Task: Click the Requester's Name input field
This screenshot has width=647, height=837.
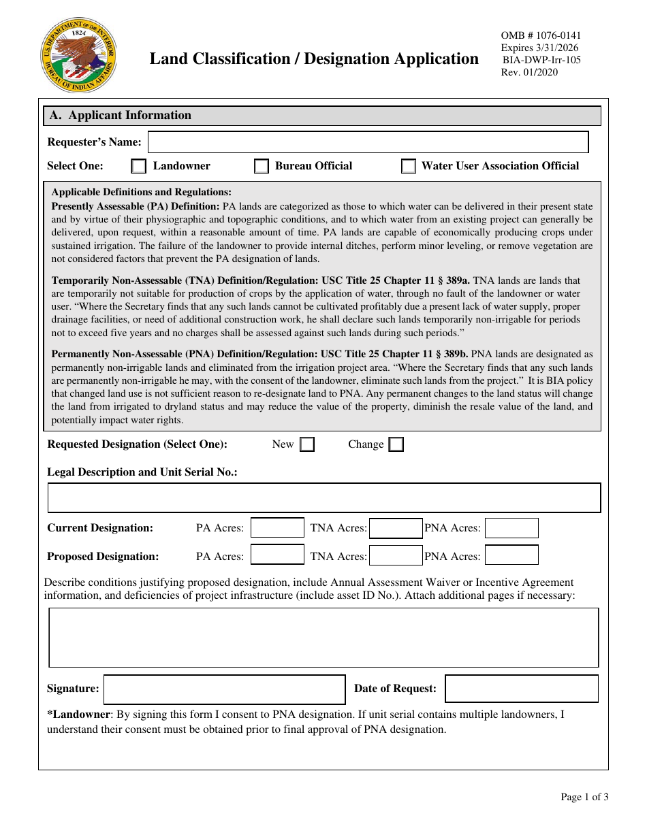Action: pyautogui.click(x=368, y=142)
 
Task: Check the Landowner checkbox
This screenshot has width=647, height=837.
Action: pyautogui.click(x=139, y=166)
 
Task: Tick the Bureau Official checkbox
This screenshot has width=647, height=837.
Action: pyautogui.click(x=261, y=166)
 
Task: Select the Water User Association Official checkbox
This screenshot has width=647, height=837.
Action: pyautogui.click(x=409, y=166)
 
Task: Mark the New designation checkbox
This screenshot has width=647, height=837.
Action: pyautogui.click(x=307, y=444)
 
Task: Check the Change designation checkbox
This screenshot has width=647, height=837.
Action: pyautogui.click(x=396, y=444)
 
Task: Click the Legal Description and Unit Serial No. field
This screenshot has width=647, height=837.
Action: pyautogui.click(x=323, y=497)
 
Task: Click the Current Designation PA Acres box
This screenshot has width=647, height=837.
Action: pyautogui.click(x=277, y=528)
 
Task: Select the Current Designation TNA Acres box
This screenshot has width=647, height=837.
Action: pyautogui.click(x=396, y=528)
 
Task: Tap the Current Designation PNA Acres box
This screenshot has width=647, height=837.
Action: pyautogui.click(x=511, y=528)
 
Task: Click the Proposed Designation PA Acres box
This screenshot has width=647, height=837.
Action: pyautogui.click(x=277, y=555)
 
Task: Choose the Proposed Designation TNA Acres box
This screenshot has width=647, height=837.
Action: pyautogui.click(x=396, y=555)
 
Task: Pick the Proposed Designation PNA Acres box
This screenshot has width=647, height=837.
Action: pyautogui.click(x=511, y=555)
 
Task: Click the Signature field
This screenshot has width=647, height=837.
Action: pyautogui.click(x=224, y=689)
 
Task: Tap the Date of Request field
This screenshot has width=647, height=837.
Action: pyautogui.click(x=522, y=689)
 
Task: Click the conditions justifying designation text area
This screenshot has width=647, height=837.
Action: pyautogui.click(x=323, y=638)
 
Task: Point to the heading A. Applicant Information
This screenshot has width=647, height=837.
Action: pyautogui.click(x=120, y=116)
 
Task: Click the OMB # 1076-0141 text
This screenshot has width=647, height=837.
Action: pyautogui.click(x=541, y=36)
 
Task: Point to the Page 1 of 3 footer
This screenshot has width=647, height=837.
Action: pyautogui.click(x=584, y=797)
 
